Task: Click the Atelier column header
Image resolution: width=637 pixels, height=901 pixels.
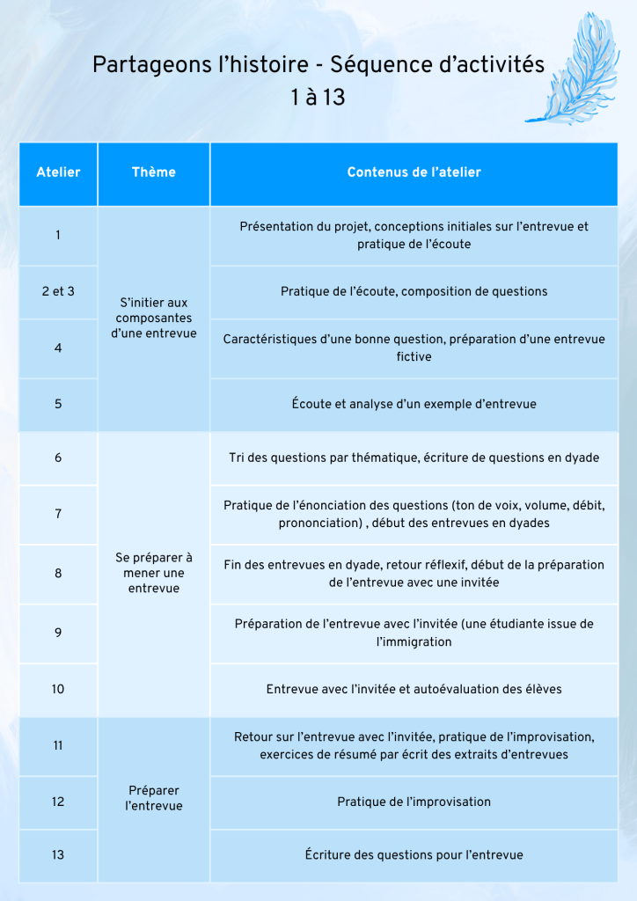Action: [x=58, y=172]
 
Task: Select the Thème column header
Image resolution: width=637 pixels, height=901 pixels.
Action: [x=153, y=172]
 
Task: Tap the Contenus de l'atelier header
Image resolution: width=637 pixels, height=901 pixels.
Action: [x=414, y=172]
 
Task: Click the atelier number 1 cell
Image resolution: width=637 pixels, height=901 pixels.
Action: [x=58, y=235]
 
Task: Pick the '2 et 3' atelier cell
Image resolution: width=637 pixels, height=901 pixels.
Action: [x=58, y=291]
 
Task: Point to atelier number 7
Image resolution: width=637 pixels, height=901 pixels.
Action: [x=58, y=514]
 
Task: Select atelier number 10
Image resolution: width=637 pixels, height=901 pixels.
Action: [x=58, y=689]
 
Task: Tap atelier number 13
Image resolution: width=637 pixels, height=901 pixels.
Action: [x=58, y=854]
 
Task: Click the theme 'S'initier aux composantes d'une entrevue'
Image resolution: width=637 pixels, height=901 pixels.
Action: [x=153, y=318]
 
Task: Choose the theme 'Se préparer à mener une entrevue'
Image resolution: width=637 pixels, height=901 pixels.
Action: [x=153, y=573]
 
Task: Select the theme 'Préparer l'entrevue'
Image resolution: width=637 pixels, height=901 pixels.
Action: [x=153, y=798]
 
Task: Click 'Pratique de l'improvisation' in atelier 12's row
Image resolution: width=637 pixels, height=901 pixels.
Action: [x=414, y=802]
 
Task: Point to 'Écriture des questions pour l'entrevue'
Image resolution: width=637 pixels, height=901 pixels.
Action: [x=414, y=854]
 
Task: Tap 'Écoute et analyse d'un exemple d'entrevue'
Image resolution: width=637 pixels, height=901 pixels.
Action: [x=414, y=404]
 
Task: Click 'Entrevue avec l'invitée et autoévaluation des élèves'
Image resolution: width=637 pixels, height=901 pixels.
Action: [x=414, y=689]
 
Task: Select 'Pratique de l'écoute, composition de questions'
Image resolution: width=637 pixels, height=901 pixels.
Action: [x=414, y=291]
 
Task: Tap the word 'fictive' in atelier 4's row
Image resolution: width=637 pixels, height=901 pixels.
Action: [x=414, y=357]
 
